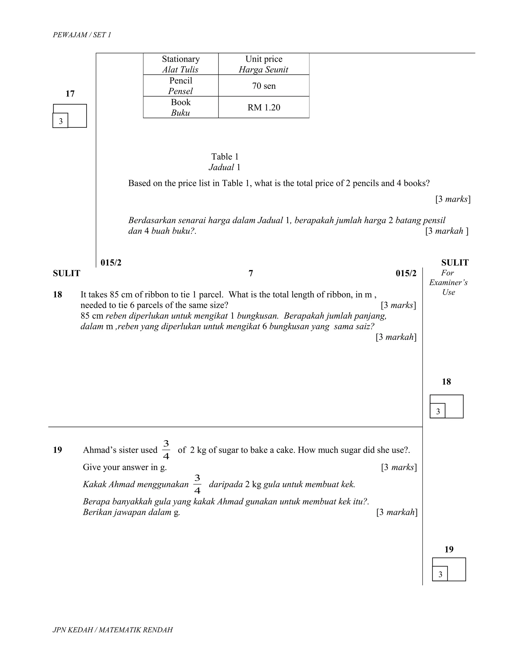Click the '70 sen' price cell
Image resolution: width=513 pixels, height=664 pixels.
(x=264, y=86)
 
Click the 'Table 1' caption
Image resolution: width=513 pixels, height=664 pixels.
(x=225, y=157)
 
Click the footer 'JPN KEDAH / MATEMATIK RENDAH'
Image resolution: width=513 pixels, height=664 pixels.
(x=112, y=630)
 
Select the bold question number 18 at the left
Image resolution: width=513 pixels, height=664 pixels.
(x=57, y=295)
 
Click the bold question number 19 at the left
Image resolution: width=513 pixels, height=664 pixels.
(x=57, y=450)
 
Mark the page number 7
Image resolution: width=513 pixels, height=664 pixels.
(x=251, y=274)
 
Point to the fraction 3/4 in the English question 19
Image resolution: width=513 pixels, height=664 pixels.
(x=166, y=450)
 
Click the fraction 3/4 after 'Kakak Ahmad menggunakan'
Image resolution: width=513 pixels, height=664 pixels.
(x=197, y=484)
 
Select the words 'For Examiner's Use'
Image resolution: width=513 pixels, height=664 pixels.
(x=448, y=283)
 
